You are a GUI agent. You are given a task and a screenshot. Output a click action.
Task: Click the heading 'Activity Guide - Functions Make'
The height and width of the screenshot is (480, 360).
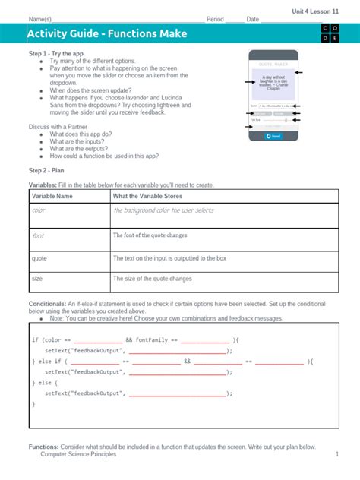106,34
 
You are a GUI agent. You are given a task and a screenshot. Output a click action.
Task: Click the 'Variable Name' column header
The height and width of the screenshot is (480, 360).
52,197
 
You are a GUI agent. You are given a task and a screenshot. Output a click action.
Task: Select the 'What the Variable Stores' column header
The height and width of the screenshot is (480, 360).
152,197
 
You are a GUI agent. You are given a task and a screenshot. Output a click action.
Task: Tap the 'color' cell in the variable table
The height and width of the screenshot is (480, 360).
39,210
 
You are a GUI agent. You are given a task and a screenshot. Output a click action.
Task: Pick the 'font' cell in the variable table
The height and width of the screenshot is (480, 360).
38,236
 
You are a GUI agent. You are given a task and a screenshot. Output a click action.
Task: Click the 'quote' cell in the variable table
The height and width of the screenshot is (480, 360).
39,257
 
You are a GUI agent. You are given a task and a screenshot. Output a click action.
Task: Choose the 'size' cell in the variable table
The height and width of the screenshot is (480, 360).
37,279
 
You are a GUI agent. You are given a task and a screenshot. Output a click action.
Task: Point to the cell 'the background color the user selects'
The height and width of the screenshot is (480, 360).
163,210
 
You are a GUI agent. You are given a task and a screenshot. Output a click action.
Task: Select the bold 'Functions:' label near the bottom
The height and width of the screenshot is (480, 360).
44,447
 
